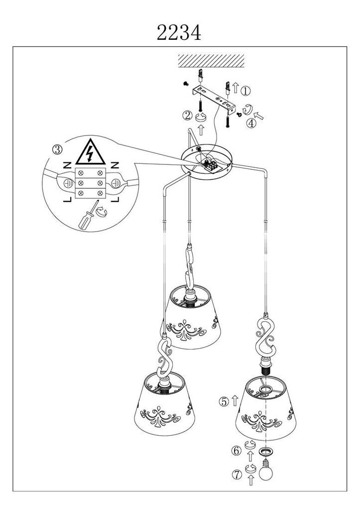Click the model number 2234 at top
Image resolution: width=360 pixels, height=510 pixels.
click(179, 32)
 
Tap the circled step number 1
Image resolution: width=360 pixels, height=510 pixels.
click(245, 91)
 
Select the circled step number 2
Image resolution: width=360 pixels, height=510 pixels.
click(187, 116)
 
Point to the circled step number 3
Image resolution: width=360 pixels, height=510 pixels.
click(58, 149)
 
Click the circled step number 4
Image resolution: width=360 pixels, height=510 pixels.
click(251, 124)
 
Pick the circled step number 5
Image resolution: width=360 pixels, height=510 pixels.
click(224, 401)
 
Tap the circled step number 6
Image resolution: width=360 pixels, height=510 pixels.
click(237, 451)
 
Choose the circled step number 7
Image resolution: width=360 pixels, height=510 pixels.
click(237, 475)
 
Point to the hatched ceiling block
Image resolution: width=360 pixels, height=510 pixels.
click(211, 60)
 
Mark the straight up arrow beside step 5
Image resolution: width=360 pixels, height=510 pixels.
click(235, 401)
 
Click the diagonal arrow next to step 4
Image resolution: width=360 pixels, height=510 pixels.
click(259, 115)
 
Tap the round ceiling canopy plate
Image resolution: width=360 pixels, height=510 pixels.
click(207, 161)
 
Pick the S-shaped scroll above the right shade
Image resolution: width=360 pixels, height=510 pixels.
click(266, 337)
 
